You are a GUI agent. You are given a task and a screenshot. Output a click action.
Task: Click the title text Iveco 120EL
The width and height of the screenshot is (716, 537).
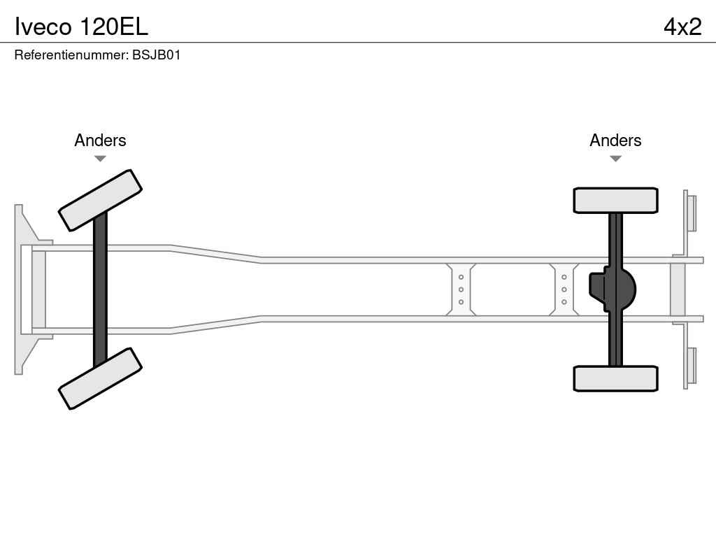(x=81, y=27)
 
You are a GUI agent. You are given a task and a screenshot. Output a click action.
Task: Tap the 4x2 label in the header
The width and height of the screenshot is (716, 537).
(x=682, y=27)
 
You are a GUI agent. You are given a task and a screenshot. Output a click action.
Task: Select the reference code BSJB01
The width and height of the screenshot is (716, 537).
(x=157, y=55)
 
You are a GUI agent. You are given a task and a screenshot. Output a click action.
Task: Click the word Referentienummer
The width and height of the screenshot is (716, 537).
(x=71, y=55)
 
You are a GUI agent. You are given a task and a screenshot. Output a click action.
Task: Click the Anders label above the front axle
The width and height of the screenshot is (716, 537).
(x=100, y=141)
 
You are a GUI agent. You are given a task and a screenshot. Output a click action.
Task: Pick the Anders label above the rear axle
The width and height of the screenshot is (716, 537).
(x=615, y=141)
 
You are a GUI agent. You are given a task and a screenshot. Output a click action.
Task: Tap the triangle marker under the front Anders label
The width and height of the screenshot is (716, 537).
(x=100, y=159)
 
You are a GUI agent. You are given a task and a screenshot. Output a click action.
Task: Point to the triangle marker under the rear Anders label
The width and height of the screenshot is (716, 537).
(x=615, y=159)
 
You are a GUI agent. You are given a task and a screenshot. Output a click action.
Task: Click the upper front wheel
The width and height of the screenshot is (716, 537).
(x=100, y=200)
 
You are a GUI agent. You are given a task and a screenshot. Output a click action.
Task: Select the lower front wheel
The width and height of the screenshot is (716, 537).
(x=100, y=378)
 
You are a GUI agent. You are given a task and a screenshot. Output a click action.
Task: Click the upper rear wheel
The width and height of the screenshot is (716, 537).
(x=615, y=200)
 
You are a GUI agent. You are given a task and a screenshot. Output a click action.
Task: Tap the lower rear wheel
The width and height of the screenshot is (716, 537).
(x=615, y=378)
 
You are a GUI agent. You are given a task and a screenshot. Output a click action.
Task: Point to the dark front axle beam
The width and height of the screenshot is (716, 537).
(x=100, y=289)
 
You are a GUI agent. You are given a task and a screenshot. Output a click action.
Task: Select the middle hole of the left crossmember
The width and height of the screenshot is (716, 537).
(x=461, y=289)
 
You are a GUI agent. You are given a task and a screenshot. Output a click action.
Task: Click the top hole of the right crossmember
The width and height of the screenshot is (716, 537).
(x=564, y=277)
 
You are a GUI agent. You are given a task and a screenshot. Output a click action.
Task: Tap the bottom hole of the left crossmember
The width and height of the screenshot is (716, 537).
(x=461, y=302)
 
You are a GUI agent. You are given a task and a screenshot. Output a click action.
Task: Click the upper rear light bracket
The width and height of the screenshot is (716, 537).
(x=691, y=213)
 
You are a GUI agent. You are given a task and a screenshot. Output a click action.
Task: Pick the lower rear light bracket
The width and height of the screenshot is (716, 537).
(x=691, y=366)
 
